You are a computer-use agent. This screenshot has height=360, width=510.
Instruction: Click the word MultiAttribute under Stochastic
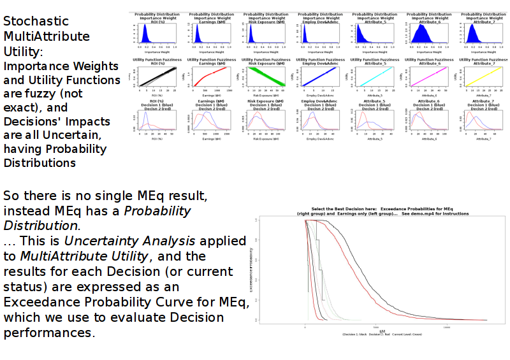[x=47, y=36]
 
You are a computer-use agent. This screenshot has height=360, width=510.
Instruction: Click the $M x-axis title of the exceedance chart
[x=381, y=331]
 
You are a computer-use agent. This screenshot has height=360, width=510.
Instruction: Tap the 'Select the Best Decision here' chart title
[x=381, y=209]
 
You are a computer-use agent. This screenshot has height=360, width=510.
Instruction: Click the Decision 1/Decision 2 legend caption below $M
[x=381, y=335]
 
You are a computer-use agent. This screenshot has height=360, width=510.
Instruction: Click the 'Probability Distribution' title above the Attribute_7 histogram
[x=483, y=13]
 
